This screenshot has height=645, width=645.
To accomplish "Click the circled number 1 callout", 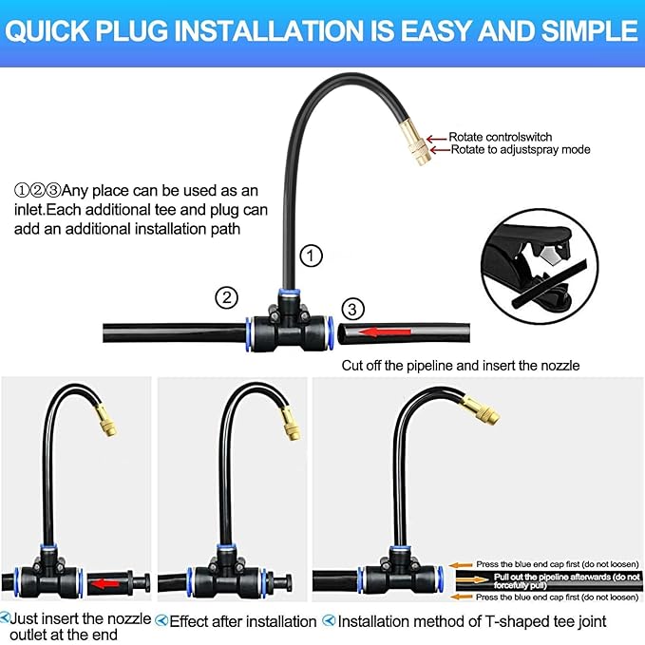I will click(312, 255).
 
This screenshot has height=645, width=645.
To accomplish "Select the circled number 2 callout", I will click(226, 297).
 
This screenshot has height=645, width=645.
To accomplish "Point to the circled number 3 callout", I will click(352, 309).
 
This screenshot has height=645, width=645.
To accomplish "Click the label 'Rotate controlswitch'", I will click(500, 137).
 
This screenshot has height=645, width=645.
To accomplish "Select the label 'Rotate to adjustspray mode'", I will click(520, 150).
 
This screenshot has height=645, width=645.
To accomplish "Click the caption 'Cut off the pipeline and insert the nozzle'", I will click(460, 365).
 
